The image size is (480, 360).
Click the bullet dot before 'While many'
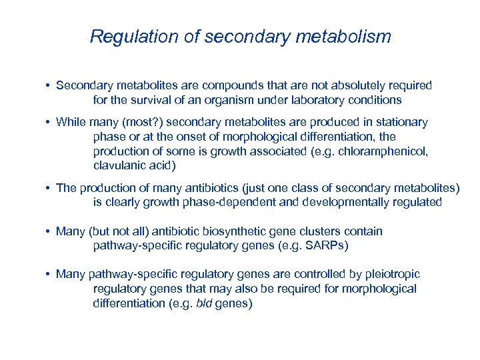click(x=49, y=123)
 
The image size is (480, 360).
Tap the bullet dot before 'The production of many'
click(x=49, y=188)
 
